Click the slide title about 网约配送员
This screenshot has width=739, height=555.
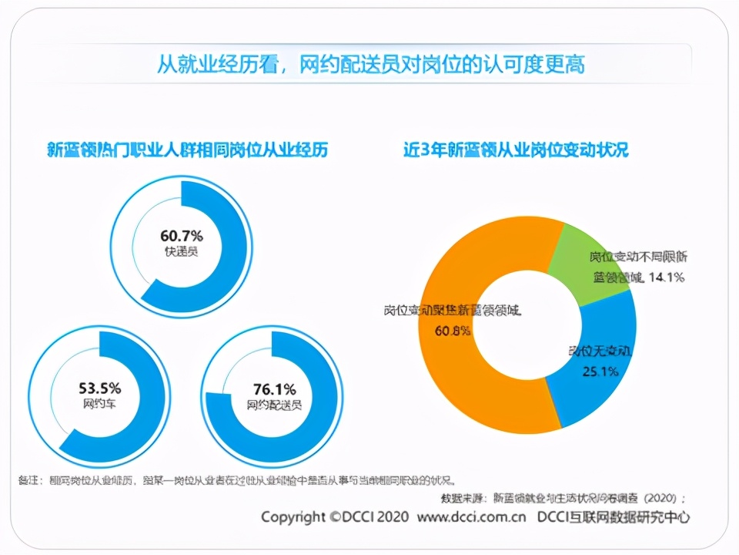click(x=370, y=63)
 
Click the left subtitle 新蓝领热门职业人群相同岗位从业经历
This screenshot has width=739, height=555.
click(x=187, y=150)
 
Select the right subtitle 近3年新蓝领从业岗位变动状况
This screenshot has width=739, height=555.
click(x=516, y=150)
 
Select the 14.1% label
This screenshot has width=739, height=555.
click(x=666, y=277)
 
